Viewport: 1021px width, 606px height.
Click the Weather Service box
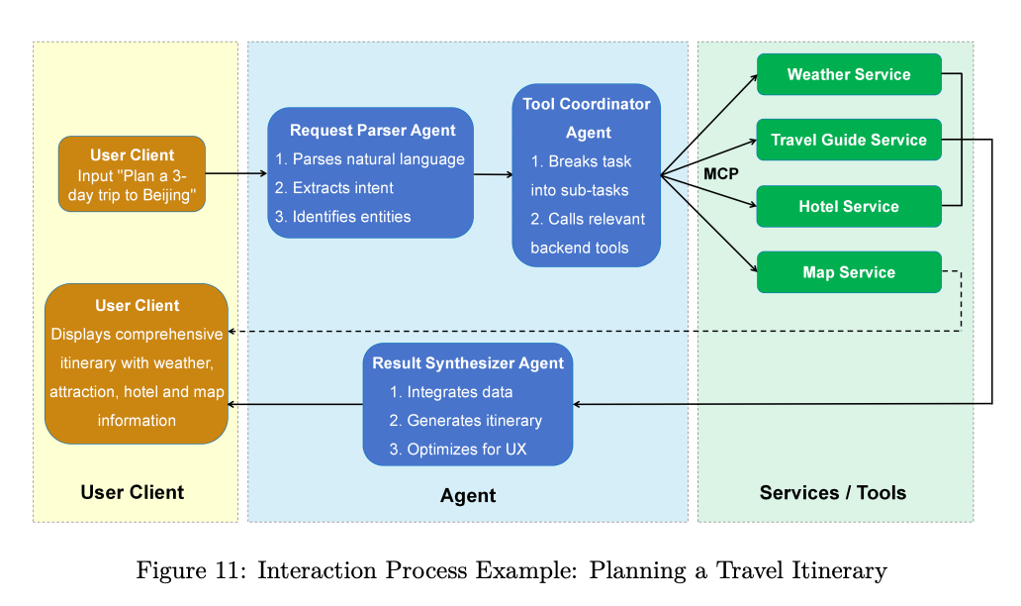(849, 74)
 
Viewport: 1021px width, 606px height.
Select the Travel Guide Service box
(849, 140)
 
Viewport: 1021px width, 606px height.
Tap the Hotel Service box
(849, 207)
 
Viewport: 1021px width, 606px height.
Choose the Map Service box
(849, 272)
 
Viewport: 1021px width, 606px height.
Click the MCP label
(721, 174)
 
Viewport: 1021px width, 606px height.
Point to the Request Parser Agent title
(372, 131)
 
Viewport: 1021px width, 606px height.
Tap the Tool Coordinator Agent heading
(587, 118)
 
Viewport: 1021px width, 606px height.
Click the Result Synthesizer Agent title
(468, 363)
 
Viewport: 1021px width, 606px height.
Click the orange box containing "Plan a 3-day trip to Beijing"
(133, 174)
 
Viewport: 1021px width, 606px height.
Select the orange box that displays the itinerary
(137, 363)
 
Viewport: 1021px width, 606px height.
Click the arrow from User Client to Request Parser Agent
(236, 173)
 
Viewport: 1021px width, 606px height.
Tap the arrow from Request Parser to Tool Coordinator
(493, 174)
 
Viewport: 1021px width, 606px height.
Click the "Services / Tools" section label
(833, 492)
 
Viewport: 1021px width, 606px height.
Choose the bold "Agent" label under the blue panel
(468, 496)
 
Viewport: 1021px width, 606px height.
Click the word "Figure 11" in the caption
(187, 570)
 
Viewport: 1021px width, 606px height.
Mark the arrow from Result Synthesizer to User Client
(295, 405)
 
